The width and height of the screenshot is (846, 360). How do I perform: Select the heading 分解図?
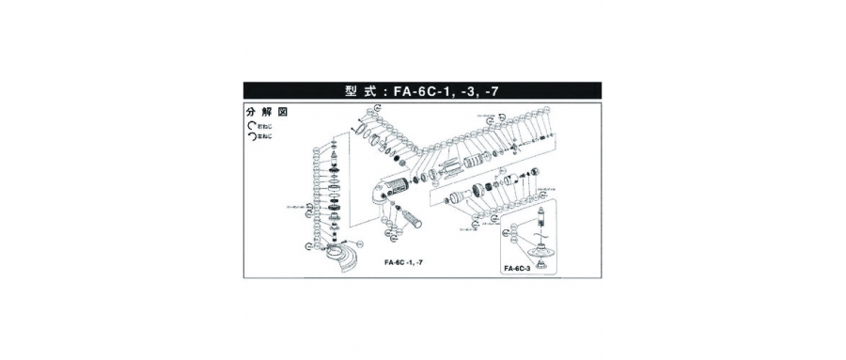click(267, 112)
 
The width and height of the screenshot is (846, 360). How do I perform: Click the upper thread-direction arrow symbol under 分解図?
click(251, 124)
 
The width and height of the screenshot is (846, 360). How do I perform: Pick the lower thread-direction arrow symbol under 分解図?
click(251, 135)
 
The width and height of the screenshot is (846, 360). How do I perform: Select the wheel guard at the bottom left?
click(343, 256)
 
